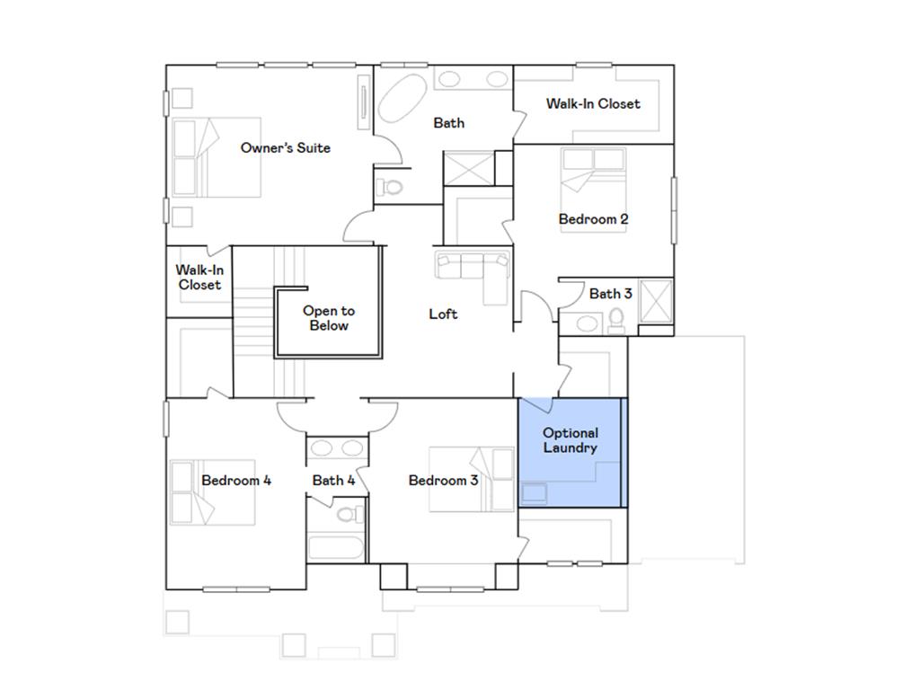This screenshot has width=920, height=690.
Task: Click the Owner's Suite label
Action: click(x=285, y=147)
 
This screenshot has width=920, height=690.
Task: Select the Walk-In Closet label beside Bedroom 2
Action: click(x=593, y=103)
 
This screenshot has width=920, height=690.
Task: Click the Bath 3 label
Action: click(x=610, y=293)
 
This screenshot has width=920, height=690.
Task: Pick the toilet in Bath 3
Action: click(x=616, y=320)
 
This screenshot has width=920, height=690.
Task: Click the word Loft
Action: click(x=443, y=314)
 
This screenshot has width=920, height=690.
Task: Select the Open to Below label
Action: click(x=328, y=318)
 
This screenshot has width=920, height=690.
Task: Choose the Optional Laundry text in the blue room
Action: click(x=571, y=440)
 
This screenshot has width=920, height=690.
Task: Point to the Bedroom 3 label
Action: click(x=443, y=480)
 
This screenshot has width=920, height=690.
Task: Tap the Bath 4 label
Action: click(x=333, y=480)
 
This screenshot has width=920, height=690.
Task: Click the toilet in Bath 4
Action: click(x=350, y=515)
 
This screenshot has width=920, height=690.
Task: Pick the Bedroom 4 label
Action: click(x=236, y=480)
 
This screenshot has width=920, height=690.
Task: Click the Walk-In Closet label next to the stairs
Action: click(x=199, y=277)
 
